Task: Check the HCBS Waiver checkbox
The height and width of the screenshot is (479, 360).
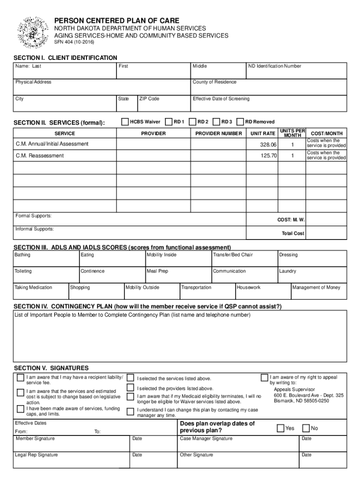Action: pos(125,122)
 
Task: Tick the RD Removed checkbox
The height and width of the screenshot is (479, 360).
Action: pos(240,122)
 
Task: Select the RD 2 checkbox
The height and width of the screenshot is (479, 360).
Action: pos(192,122)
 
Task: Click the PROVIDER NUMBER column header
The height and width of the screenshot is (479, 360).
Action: pos(219,134)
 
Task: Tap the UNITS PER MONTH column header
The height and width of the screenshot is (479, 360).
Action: pos(292,133)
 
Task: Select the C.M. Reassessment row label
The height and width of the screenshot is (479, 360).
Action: pos(40,155)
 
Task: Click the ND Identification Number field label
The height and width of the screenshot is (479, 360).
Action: pos(275,66)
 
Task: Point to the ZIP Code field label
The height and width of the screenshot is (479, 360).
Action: pos(149,99)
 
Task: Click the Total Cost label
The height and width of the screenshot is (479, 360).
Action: pos(293,233)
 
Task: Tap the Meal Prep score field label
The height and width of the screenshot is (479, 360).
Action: pos(158,271)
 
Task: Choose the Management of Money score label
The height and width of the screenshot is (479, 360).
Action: pos(316,288)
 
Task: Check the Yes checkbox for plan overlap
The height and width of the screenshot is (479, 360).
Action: pos(281,428)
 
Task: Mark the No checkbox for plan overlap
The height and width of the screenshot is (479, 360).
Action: pos(306,428)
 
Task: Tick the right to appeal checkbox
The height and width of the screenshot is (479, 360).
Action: pos(265,377)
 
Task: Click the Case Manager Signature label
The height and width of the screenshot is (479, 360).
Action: pos(206,439)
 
